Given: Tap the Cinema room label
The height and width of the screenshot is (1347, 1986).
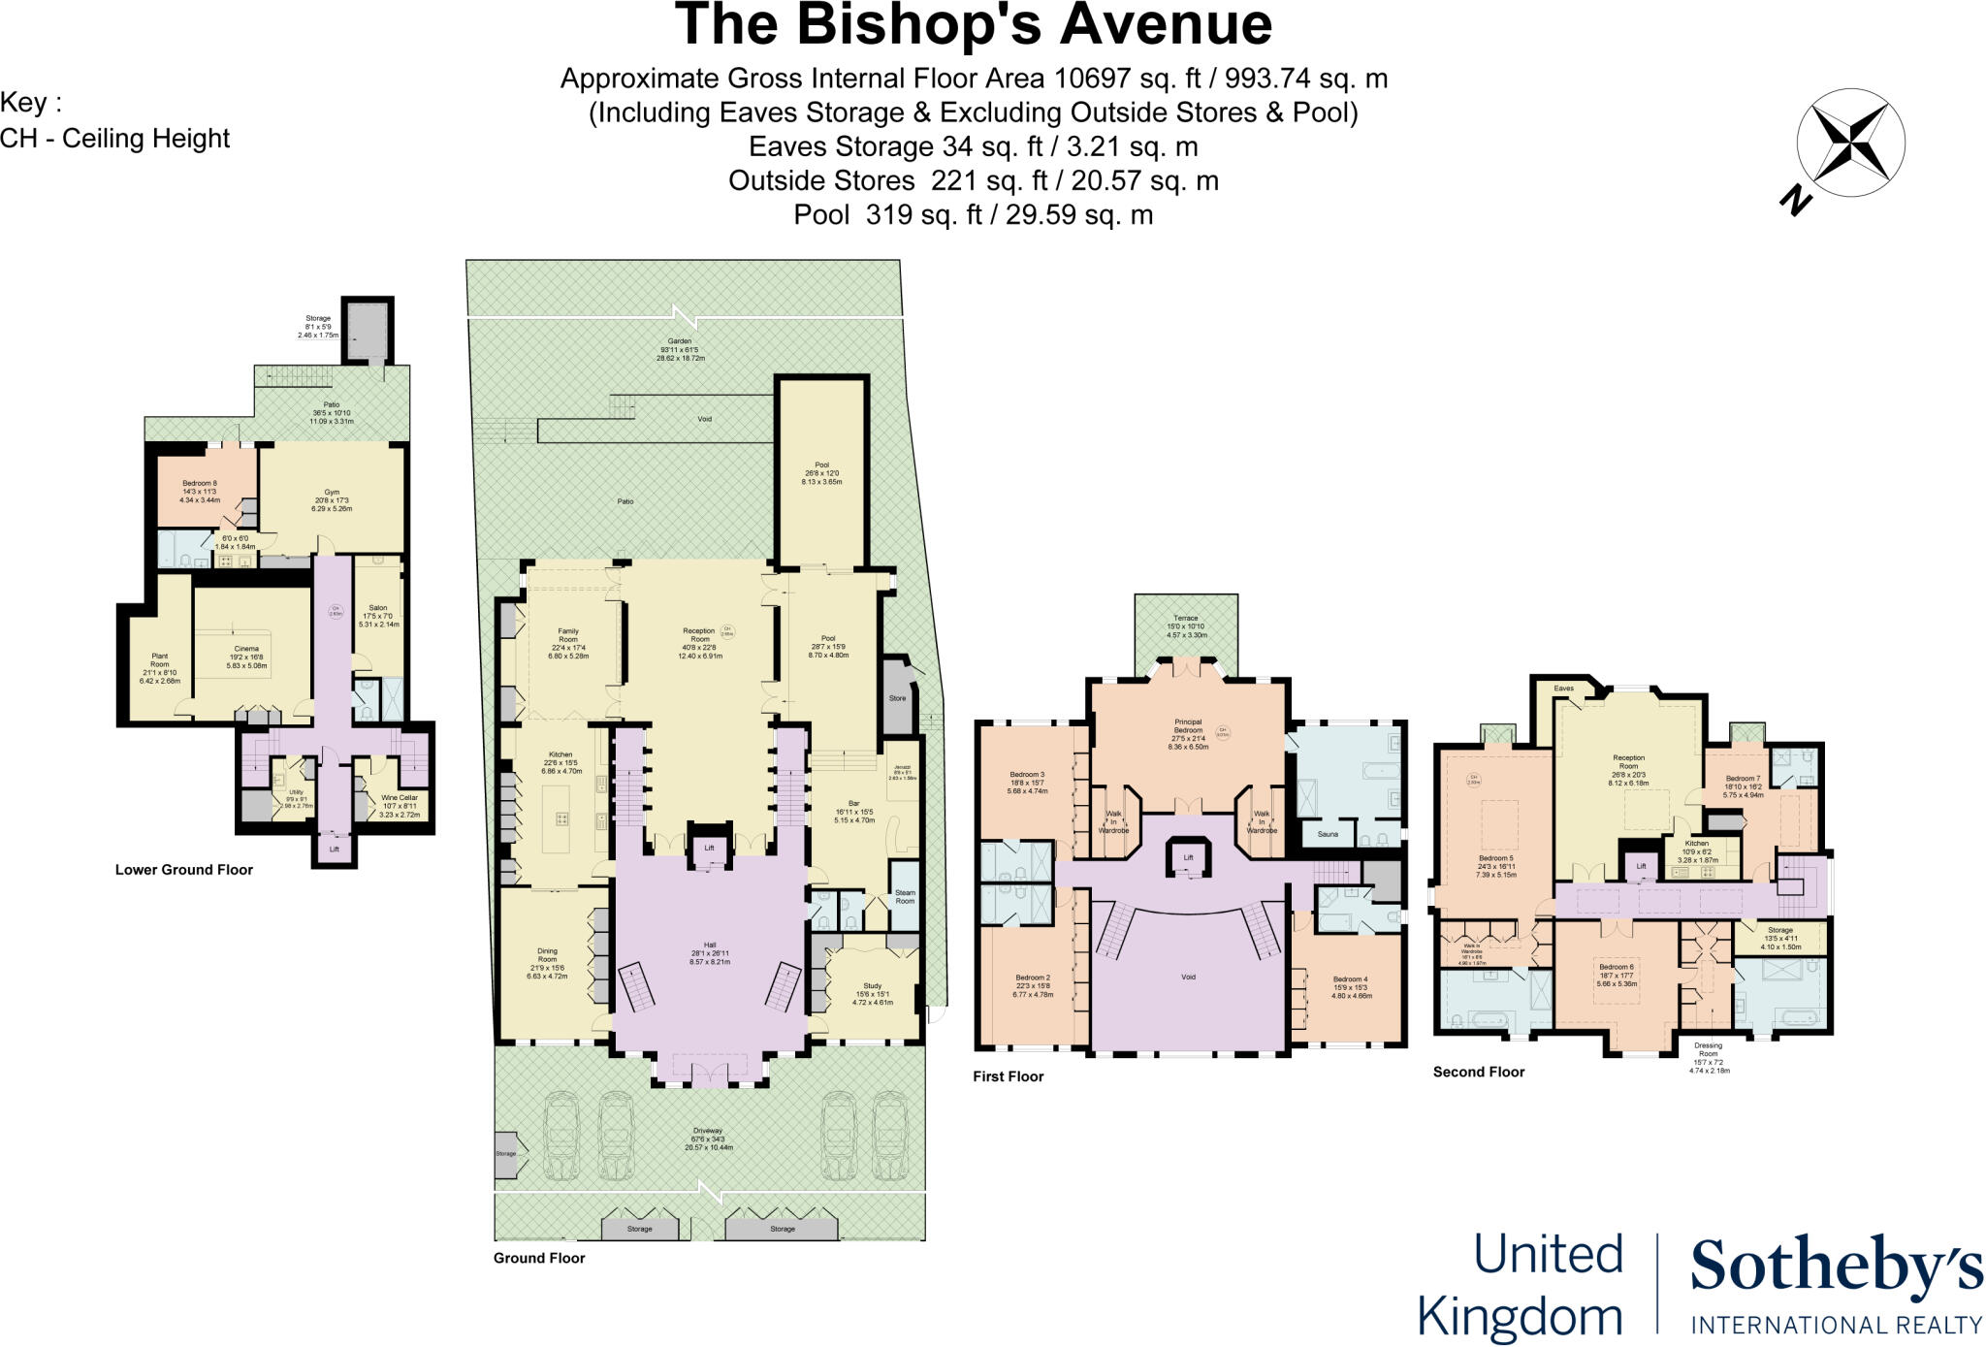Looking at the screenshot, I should pyautogui.click(x=246, y=649).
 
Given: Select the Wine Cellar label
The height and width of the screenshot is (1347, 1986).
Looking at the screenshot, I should pyautogui.click(x=400, y=797).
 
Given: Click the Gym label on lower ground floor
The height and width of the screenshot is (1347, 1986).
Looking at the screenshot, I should pyautogui.click(x=332, y=493).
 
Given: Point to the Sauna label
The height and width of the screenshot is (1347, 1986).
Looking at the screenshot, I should pyautogui.click(x=1328, y=834).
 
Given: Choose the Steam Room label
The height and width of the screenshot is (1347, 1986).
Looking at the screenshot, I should pyautogui.click(x=905, y=897).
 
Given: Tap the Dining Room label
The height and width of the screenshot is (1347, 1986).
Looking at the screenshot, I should pyautogui.click(x=547, y=955).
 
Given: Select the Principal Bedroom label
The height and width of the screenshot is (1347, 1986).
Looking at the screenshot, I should pyautogui.click(x=1188, y=725).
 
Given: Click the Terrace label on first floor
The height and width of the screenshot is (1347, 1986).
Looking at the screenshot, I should pyautogui.click(x=1186, y=618).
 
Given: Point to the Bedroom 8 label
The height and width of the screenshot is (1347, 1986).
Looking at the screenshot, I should pyautogui.click(x=200, y=483).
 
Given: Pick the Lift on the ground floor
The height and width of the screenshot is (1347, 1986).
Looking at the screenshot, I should pyautogui.click(x=709, y=848).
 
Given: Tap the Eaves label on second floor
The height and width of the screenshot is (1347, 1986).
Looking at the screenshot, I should pyautogui.click(x=1563, y=689).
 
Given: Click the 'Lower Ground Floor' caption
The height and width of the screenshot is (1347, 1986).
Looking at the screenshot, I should pyautogui.click(x=184, y=870).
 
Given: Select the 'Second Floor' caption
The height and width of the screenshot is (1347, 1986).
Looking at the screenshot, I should pyautogui.click(x=1479, y=1072).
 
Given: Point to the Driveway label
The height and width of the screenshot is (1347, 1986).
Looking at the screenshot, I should pyautogui.click(x=708, y=1131).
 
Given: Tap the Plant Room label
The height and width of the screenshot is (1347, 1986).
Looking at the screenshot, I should pyautogui.click(x=159, y=660).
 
